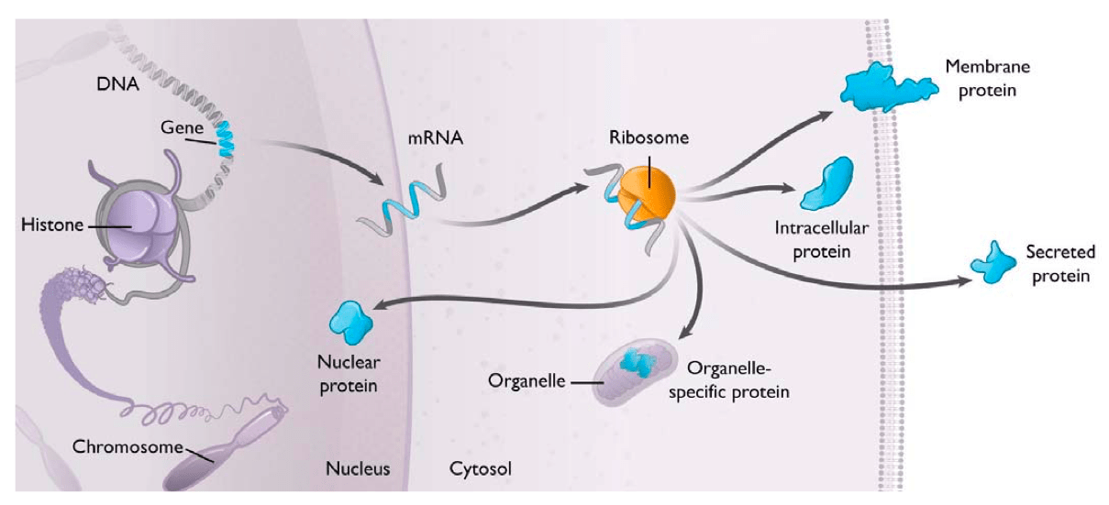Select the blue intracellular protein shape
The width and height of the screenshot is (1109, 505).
828,183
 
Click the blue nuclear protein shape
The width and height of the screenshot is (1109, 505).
350,320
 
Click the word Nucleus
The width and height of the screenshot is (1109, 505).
358,468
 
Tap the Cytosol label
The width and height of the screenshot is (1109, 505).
480,468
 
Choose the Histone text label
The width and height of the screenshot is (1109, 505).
52,225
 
